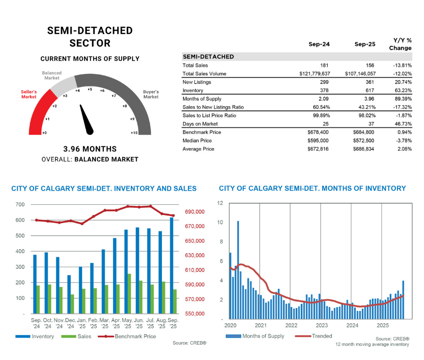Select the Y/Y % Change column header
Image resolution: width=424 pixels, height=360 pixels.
coord(400,44)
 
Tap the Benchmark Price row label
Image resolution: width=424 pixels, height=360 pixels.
coord(201,132)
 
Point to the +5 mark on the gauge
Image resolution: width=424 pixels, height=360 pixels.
coord(90,90)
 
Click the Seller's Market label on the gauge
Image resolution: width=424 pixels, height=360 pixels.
coord(29,94)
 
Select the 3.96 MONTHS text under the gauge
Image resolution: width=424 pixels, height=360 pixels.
coord(90,149)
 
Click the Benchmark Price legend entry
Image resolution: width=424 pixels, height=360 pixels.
coord(135,336)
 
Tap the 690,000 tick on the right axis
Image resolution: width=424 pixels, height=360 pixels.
coord(195,212)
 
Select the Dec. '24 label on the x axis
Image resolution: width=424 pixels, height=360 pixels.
coord(71,323)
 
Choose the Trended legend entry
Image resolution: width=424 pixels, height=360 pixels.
coord(321,336)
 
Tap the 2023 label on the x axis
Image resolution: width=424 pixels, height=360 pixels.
coord(321,325)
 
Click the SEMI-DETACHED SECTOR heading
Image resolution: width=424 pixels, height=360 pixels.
coord(90,37)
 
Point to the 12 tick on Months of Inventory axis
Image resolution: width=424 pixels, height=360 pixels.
coord(220,203)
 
